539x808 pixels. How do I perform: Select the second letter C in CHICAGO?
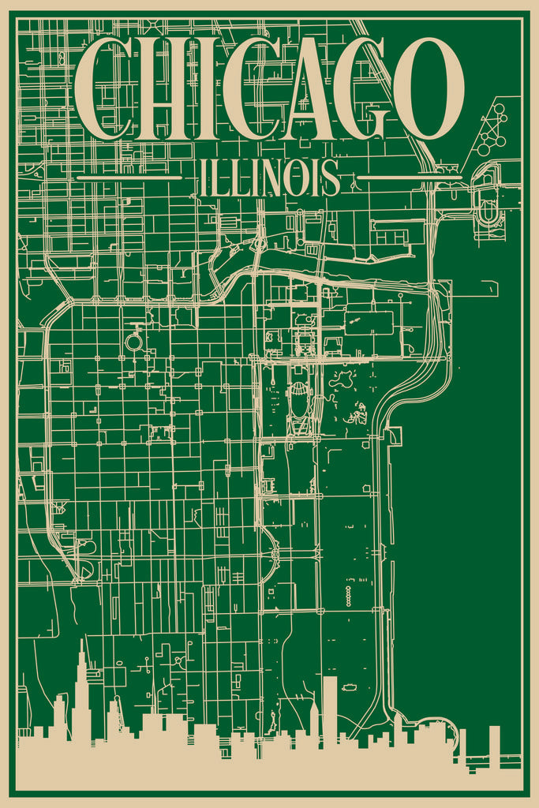pos(252,88)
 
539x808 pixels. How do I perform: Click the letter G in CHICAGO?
pos(364,88)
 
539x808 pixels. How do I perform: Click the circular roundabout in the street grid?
pos(134,342)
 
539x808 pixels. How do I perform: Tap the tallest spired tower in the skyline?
pos(81,694)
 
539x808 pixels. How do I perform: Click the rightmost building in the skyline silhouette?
pos(495,746)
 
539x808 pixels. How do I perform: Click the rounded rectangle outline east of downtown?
pos(369,324)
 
